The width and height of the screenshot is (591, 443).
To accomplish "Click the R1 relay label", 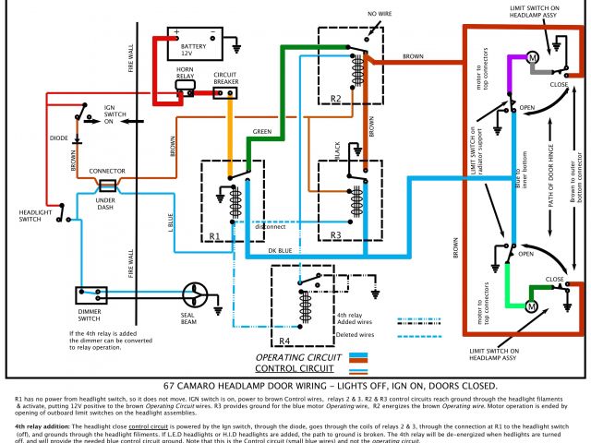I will point(215,235).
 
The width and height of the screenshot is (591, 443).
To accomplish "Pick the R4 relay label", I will point(286,341).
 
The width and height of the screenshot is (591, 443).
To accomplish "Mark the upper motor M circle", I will point(532,58).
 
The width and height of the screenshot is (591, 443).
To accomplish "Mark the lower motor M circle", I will point(531,305).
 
